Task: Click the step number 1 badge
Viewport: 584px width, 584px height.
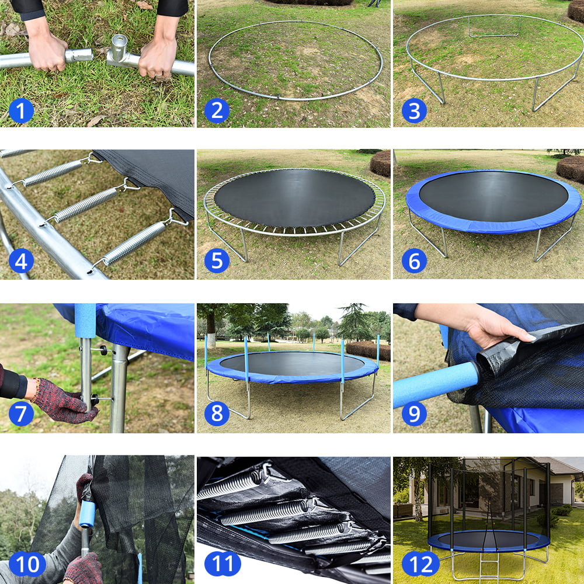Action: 21,110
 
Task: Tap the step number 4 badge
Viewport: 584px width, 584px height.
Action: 21,261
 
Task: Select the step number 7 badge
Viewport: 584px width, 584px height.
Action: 21,413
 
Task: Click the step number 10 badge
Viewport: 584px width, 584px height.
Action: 27,565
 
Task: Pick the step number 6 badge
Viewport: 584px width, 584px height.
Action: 414,261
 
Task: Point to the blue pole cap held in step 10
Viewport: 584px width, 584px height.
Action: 87,513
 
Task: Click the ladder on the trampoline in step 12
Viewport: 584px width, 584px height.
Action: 489,565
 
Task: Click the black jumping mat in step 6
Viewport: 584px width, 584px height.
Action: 493,196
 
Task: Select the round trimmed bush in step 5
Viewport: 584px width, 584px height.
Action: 380,164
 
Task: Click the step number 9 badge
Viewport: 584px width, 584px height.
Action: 414,413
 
